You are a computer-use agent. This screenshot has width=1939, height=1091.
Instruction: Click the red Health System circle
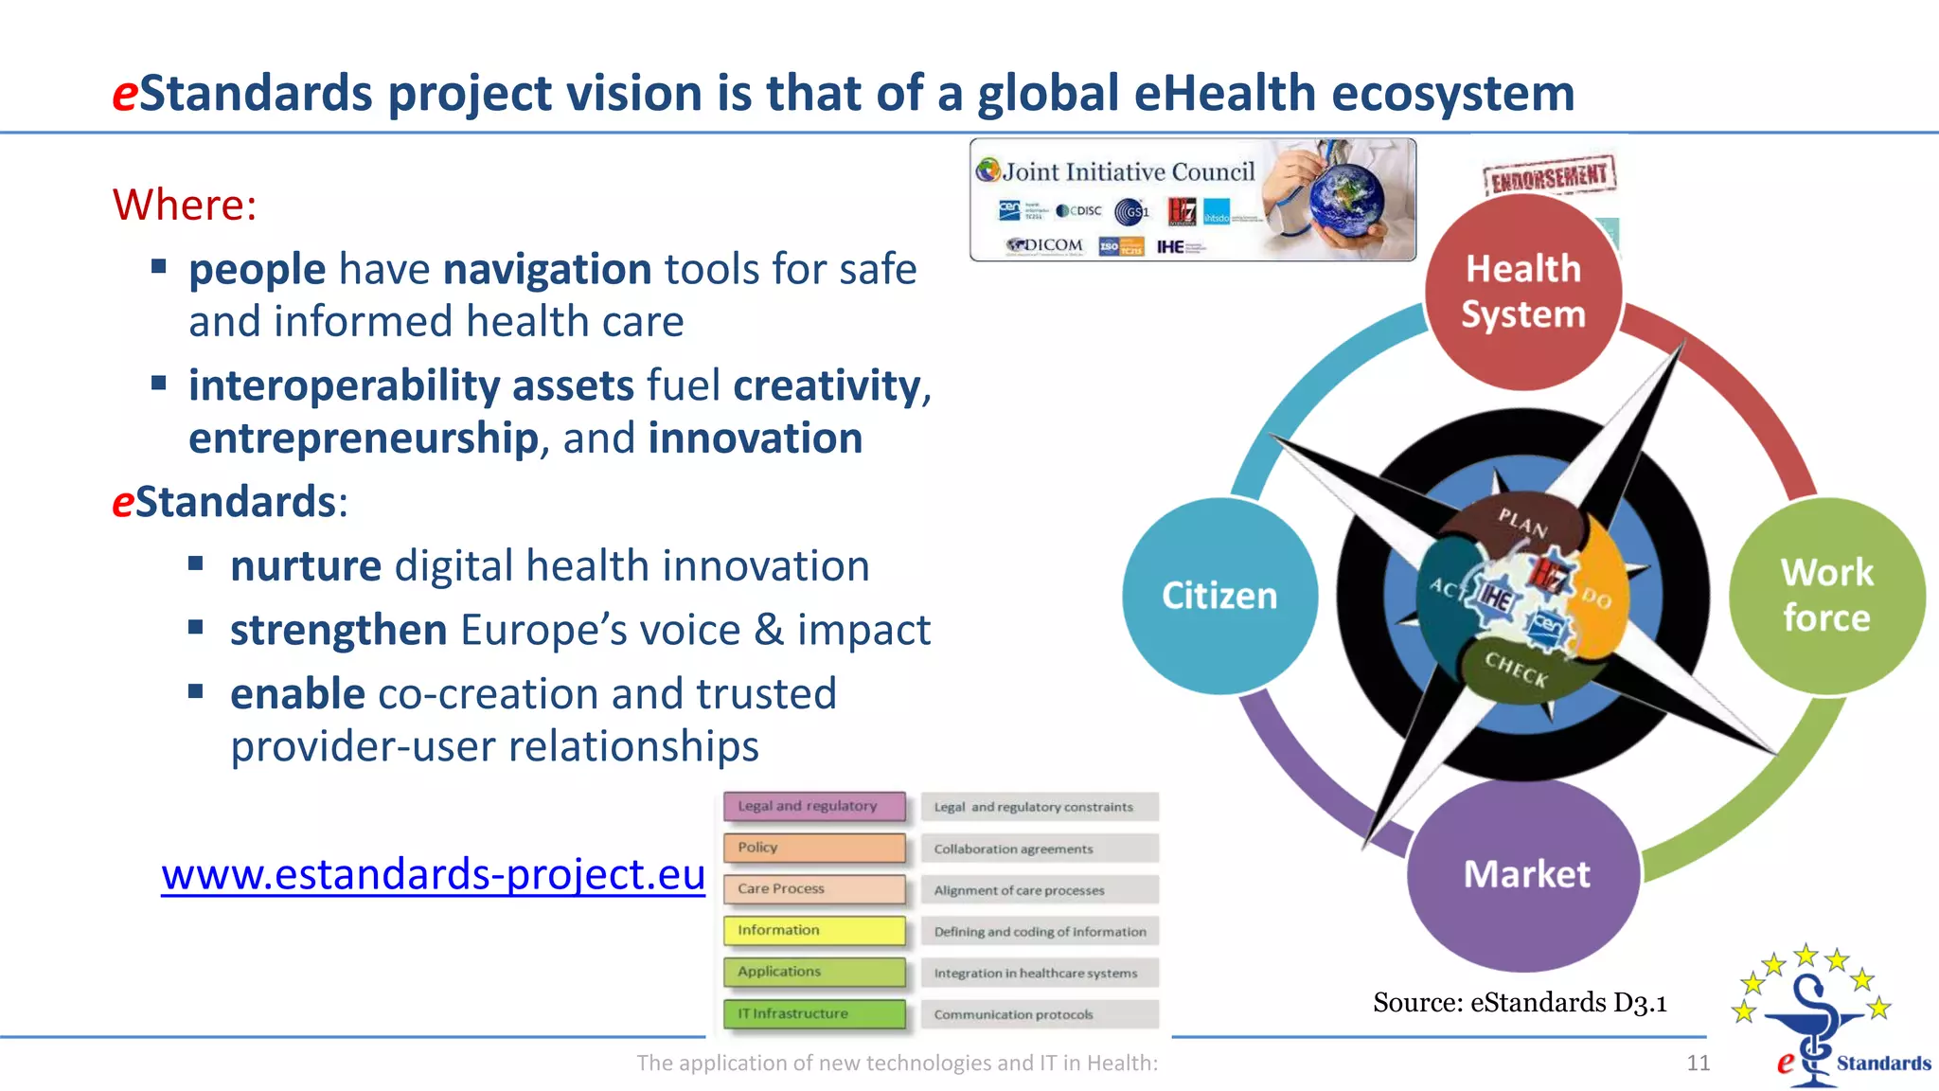pyautogui.click(x=1522, y=292)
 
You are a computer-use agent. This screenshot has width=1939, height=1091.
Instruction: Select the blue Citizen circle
pyautogui.click(x=1219, y=596)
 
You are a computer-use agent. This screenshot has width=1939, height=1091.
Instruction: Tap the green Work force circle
pyautogui.click(x=1826, y=596)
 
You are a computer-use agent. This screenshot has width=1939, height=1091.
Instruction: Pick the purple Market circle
pyautogui.click(x=1524, y=874)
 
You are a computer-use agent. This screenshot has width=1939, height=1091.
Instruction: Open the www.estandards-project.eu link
pyautogui.click(x=433, y=874)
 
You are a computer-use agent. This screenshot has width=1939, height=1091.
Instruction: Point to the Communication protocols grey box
pyautogui.click(x=1039, y=1014)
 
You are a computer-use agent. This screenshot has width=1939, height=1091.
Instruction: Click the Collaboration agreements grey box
pyautogui.click(x=1039, y=849)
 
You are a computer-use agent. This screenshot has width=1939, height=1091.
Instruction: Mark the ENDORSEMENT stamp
pyautogui.click(x=1549, y=175)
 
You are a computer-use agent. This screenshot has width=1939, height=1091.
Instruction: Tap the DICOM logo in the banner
pyautogui.click(x=1045, y=245)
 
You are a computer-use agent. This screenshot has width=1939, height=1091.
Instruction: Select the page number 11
pyautogui.click(x=1698, y=1063)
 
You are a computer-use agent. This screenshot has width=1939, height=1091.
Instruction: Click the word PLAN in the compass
pyautogui.click(x=1522, y=522)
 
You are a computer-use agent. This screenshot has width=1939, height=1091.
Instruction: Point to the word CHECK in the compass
pyautogui.click(x=1516, y=669)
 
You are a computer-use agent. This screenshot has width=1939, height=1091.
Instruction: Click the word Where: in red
pyautogui.click(x=185, y=205)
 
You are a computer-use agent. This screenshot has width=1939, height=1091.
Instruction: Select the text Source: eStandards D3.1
pyautogui.click(x=1520, y=1002)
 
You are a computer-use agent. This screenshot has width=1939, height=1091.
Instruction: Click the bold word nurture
pyautogui.click(x=305, y=566)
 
